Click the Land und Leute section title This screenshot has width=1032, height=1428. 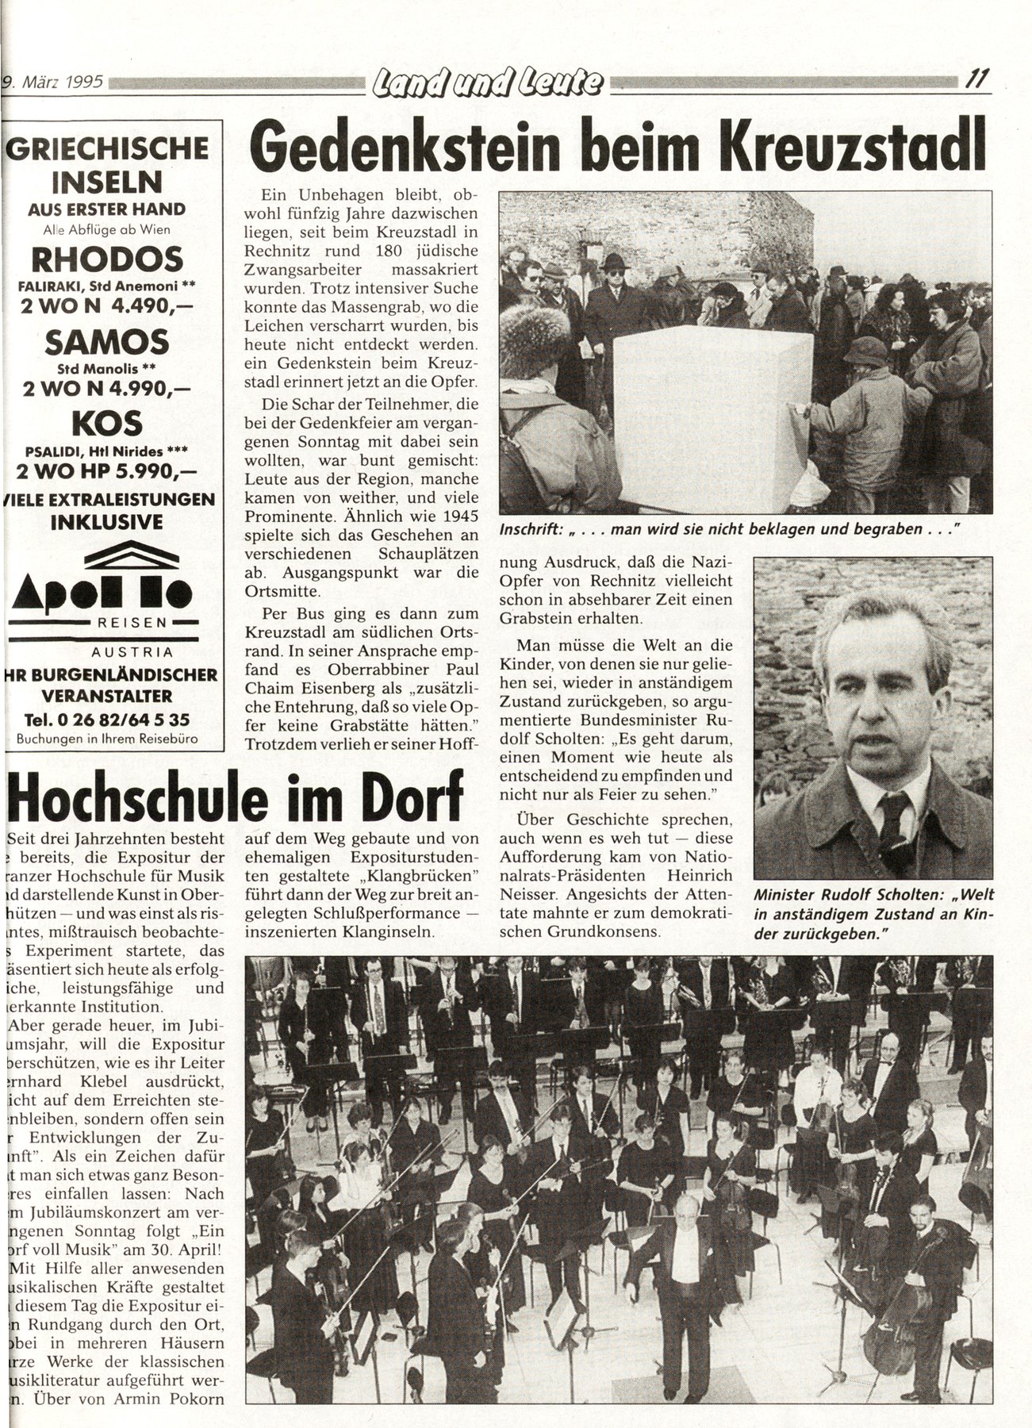485,81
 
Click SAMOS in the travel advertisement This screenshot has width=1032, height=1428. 107,342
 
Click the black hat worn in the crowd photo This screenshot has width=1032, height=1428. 612,261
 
